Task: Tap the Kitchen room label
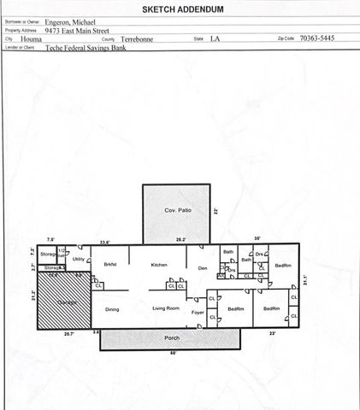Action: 159,266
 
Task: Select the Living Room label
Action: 166,307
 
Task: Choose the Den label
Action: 203,268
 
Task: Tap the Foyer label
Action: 198,313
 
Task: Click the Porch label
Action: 172,338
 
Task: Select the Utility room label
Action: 78,257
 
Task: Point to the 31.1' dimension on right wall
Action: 305,278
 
